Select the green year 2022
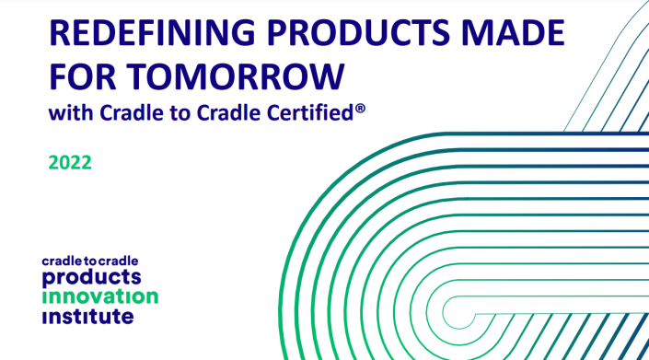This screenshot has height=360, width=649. [70, 163]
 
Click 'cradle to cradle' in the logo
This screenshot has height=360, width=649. [89, 261]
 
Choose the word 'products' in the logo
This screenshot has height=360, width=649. [92, 277]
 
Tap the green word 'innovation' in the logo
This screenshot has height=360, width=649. [100, 296]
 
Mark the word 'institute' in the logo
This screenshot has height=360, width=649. [88, 316]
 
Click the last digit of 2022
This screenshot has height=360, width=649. [86, 163]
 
